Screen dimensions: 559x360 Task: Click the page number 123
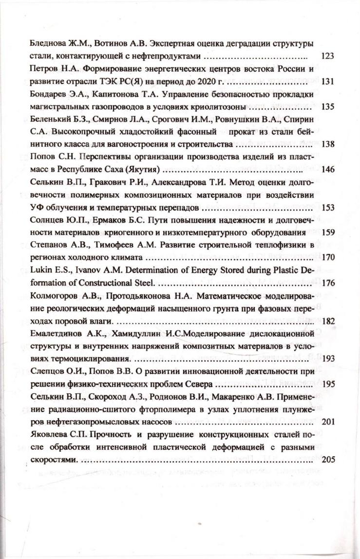click(327, 56)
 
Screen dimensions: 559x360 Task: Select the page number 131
click(327, 81)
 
